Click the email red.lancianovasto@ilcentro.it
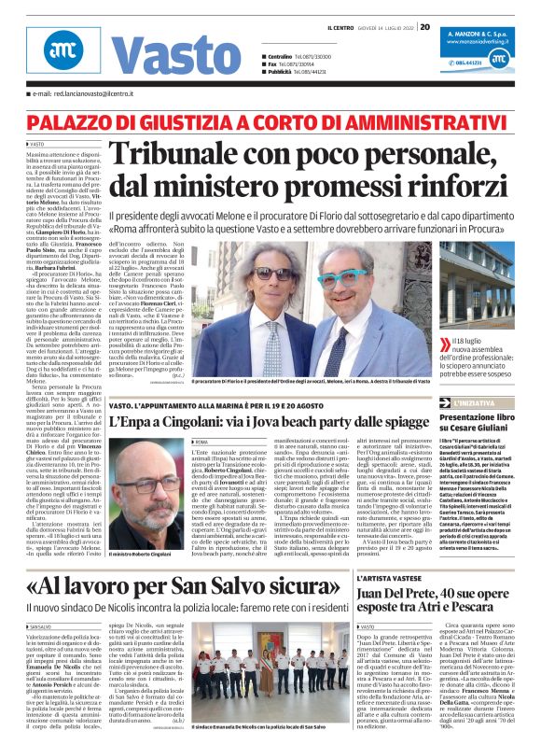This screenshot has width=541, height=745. tap(93, 94)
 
